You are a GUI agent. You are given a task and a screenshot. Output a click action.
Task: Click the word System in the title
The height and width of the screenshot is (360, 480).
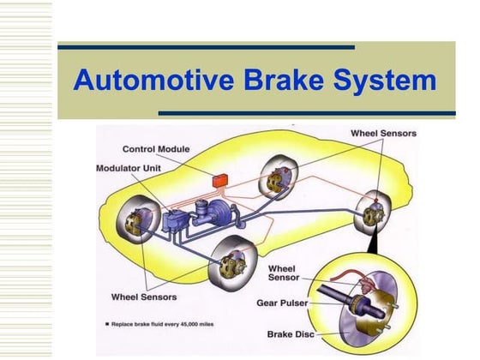[x=383, y=81]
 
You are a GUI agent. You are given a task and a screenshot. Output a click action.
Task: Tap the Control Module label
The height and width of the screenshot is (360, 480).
[x=157, y=149]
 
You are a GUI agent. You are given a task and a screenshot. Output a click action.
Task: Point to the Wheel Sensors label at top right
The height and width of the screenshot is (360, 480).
[x=383, y=133]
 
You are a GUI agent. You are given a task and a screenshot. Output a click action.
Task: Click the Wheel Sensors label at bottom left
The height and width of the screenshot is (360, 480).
[x=144, y=297]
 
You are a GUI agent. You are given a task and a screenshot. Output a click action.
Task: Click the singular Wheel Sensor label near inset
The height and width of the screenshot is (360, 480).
[x=284, y=273]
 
